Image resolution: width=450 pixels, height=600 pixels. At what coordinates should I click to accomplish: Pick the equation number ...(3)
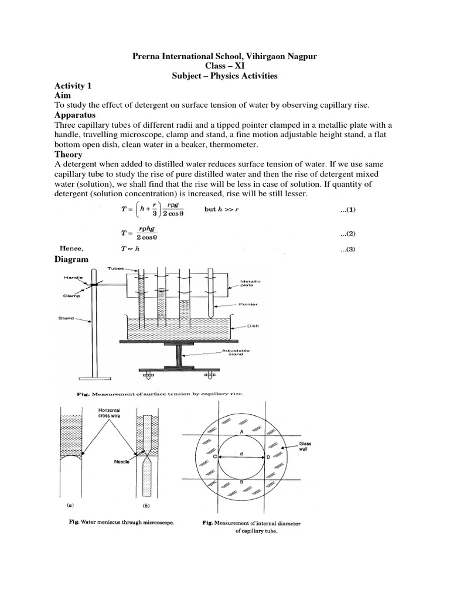coord(349,250)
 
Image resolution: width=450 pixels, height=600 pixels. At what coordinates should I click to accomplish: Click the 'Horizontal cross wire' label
coord(108,414)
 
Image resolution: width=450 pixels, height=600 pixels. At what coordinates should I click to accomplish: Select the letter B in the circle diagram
coord(241,481)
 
